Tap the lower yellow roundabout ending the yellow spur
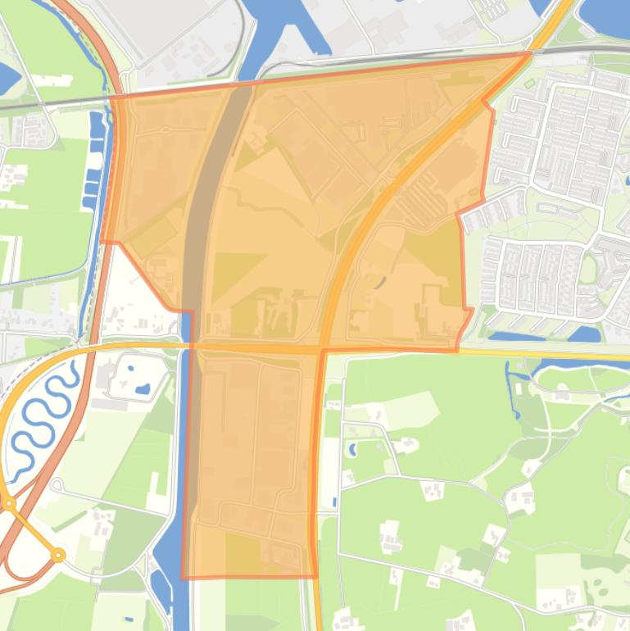[59, 555]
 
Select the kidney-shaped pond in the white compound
[143, 388]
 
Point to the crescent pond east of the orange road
[380, 283]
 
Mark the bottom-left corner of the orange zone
[182, 578]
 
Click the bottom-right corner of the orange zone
[317, 576]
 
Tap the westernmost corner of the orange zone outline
[101, 241]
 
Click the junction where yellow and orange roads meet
[322, 350]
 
